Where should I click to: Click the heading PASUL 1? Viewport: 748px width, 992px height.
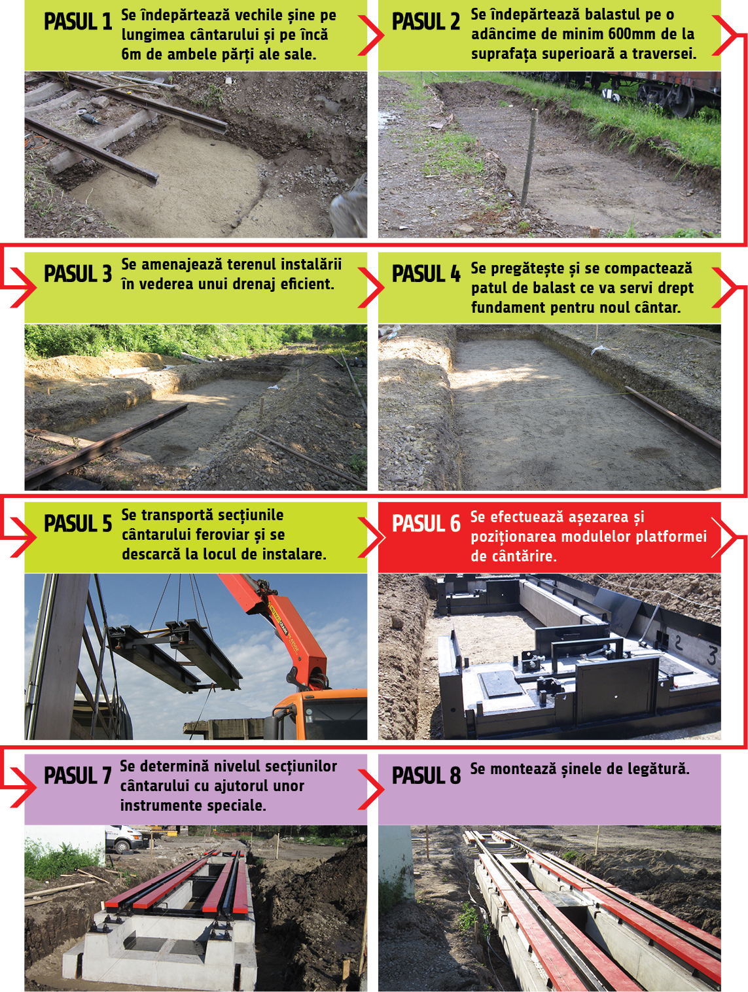coord(77,22)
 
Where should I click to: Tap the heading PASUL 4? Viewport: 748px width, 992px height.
coord(426,274)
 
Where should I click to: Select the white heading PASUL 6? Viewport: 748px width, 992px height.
coord(426,523)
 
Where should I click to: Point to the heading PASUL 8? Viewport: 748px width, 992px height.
coord(426,775)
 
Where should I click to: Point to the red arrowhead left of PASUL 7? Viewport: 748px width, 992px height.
coord(23,787)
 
